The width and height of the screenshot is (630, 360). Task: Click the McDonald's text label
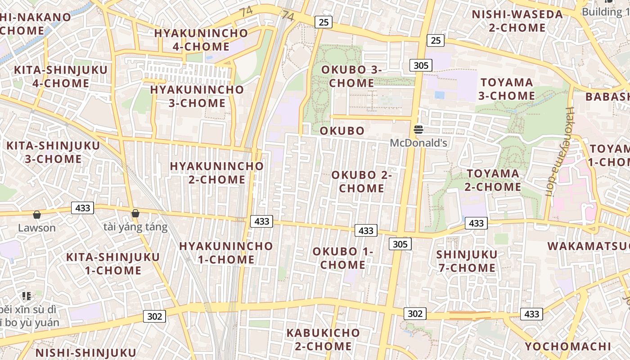click(418, 143)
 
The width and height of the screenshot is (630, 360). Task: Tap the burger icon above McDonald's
click(418, 130)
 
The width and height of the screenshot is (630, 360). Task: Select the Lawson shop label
click(37, 228)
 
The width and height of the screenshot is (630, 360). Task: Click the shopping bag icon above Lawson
click(37, 215)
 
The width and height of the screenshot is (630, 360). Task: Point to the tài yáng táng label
click(135, 227)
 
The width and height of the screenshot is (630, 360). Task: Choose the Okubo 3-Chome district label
click(351, 76)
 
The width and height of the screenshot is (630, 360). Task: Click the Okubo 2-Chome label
click(362, 181)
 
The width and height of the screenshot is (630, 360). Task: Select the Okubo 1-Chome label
click(343, 258)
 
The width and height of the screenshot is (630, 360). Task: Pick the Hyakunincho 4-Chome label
click(201, 40)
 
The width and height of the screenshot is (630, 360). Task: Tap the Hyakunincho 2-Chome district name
click(216, 173)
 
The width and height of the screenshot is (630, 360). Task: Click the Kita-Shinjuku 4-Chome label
click(61, 76)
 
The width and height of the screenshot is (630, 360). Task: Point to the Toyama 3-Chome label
click(507, 89)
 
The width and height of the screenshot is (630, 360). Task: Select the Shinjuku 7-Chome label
click(467, 261)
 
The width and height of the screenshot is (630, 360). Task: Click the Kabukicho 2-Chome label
click(324, 339)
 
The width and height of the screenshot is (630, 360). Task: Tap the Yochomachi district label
click(568, 346)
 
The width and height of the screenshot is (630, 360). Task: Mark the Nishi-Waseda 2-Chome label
click(517, 21)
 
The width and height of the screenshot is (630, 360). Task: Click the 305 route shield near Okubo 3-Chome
click(421, 65)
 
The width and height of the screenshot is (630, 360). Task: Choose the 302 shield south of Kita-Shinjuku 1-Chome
click(154, 316)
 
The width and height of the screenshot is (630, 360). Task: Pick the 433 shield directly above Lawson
click(83, 208)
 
